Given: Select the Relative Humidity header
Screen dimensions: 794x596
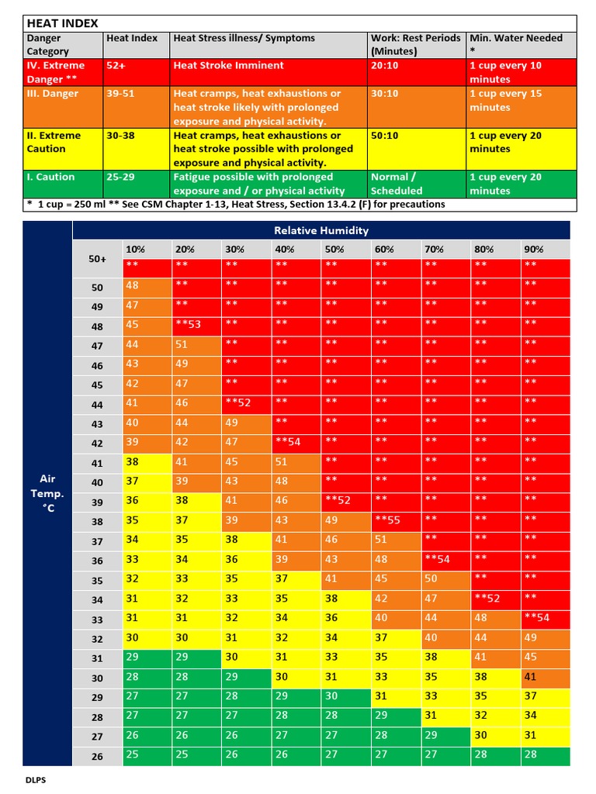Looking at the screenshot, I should [321, 230].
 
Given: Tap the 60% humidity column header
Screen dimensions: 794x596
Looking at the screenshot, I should [383, 249].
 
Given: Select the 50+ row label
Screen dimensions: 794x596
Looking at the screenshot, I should [97, 259].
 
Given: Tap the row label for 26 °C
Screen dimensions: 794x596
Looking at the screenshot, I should [97, 757].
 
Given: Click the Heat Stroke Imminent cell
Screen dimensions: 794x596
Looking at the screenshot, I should [228, 66].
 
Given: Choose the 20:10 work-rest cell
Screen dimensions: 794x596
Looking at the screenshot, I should [385, 66].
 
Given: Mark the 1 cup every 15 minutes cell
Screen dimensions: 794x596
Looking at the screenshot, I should [506, 101].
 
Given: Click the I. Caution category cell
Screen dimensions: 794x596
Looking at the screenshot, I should [51, 177].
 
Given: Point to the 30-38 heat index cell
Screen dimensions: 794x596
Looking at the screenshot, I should [120, 135].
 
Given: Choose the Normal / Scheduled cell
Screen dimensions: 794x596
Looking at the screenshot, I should [397, 184].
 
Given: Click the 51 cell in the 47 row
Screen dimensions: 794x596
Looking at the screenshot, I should [182, 344].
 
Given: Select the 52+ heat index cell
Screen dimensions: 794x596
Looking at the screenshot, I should [116, 66].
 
